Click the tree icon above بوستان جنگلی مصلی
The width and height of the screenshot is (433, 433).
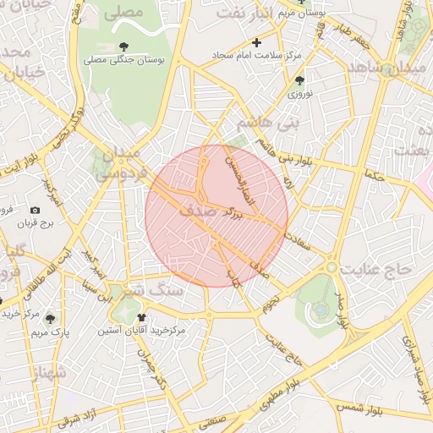click(125, 47)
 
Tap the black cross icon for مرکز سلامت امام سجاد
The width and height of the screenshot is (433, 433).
click(257, 41)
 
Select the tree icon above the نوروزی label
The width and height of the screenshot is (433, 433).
click(299, 81)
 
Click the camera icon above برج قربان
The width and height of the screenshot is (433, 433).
click(35, 210)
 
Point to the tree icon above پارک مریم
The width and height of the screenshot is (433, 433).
click(50, 319)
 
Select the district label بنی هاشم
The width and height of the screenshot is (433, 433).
click(269, 123)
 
